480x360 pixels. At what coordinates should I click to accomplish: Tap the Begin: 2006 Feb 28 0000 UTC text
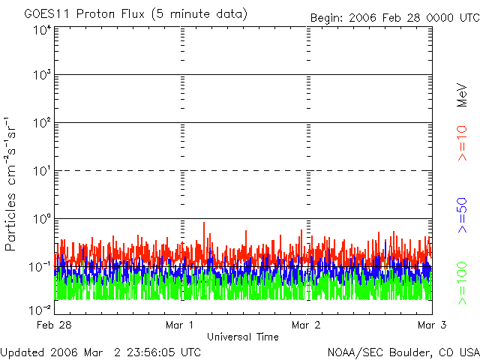(x=395, y=17)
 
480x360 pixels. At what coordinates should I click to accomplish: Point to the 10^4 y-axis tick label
(x=42, y=31)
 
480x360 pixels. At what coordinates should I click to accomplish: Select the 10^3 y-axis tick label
(x=42, y=76)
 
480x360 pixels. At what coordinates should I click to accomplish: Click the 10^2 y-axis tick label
(x=42, y=123)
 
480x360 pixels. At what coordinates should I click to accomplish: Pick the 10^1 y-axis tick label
(x=42, y=171)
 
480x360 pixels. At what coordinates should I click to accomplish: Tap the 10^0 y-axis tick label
(x=42, y=219)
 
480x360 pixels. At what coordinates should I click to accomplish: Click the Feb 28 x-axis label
(x=55, y=325)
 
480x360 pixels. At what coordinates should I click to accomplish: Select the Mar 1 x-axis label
(x=181, y=325)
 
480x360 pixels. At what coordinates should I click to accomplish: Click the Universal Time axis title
(x=242, y=336)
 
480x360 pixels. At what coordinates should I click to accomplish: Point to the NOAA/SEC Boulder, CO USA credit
(x=403, y=352)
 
